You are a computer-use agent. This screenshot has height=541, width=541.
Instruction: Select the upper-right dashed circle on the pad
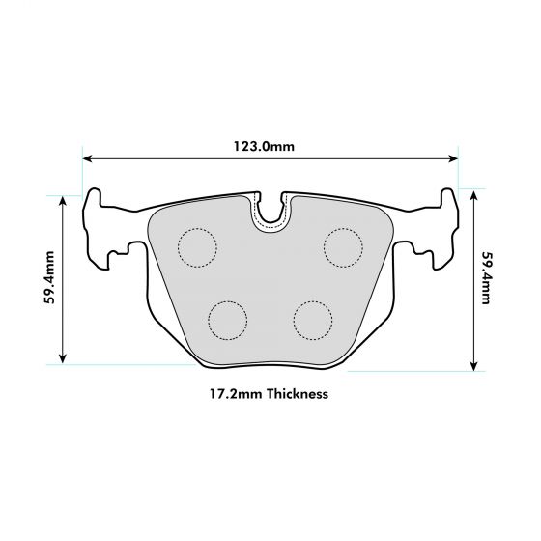(342, 246)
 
